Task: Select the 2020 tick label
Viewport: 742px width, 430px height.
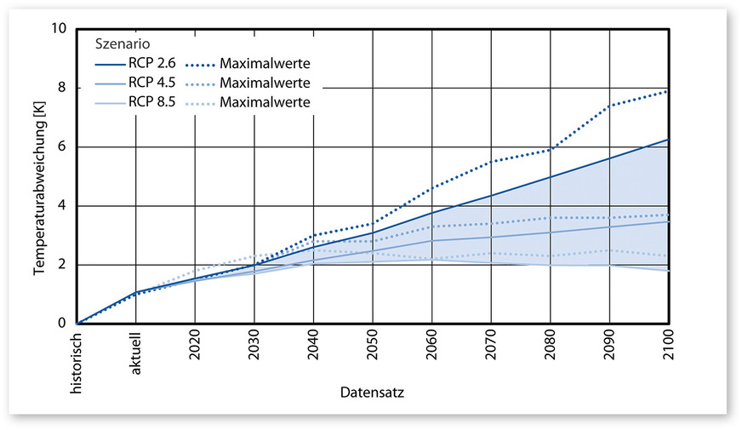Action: click(x=195, y=344)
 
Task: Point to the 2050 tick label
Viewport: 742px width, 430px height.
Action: click(x=373, y=344)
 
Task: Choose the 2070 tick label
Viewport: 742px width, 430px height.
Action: click(x=491, y=344)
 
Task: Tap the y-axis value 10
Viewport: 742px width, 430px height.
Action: click(x=59, y=28)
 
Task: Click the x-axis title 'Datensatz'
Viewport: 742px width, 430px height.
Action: click(x=372, y=393)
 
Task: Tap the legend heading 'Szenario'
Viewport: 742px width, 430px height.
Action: click(x=118, y=43)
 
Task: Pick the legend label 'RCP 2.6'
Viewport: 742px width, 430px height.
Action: click(x=152, y=63)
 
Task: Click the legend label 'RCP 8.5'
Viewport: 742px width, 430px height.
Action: click(x=152, y=102)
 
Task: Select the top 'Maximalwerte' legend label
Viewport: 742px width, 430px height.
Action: click(x=264, y=63)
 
